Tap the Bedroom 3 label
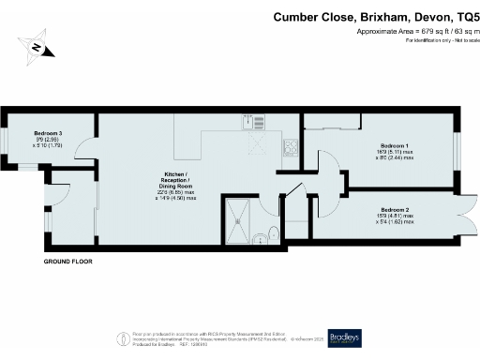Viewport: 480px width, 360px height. click(48, 133)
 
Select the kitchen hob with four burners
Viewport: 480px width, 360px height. click(291, 146)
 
